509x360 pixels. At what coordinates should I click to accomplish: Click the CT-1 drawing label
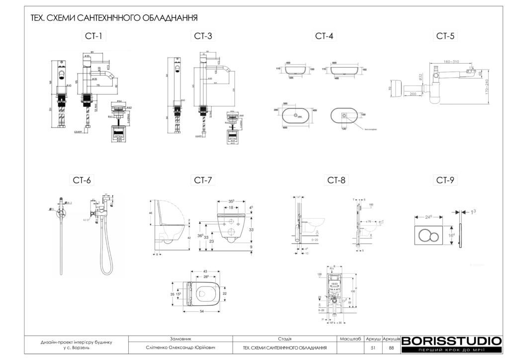tap(93, 36)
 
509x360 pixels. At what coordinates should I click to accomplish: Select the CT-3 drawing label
tap(203, 36)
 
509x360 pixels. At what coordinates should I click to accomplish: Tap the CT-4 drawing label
tap(324, 36)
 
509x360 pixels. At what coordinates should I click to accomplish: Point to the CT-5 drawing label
tap(445, 36)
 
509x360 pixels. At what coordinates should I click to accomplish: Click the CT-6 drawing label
tap(83, 180)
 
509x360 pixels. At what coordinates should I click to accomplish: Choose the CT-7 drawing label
tap(203, 180)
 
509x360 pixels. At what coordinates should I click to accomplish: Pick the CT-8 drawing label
tap(336, 180)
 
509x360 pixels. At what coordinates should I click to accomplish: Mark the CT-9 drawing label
tap(445, 180)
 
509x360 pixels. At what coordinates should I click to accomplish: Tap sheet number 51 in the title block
tap(373, 348)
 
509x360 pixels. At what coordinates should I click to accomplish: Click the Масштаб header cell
tap(350, 338)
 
